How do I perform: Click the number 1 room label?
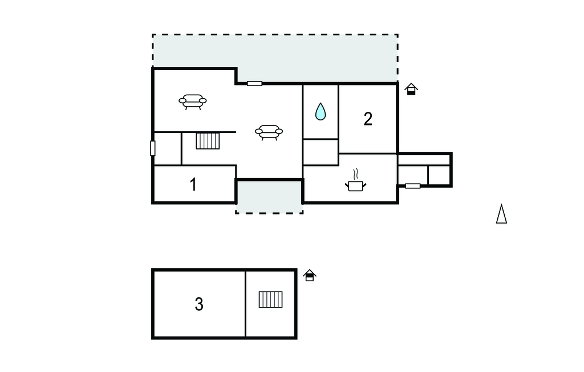(193, 185)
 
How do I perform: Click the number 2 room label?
(368, 119)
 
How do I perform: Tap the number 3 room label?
(199, 305)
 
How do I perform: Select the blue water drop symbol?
(321, 111)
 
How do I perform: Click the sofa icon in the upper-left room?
(193, 102)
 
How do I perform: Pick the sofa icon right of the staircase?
(269, 132)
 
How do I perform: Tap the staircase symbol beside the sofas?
(208, 140)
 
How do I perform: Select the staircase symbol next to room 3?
(270, 300)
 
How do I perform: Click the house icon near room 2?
(411, 88)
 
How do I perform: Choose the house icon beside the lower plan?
(310, 275)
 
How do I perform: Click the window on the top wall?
(254, 84)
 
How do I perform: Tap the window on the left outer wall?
(153, 148)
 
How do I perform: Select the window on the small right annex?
(412, 186)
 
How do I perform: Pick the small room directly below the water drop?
(321, 152)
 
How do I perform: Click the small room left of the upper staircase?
(168, 148)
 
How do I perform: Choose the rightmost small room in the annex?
(439, 175)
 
